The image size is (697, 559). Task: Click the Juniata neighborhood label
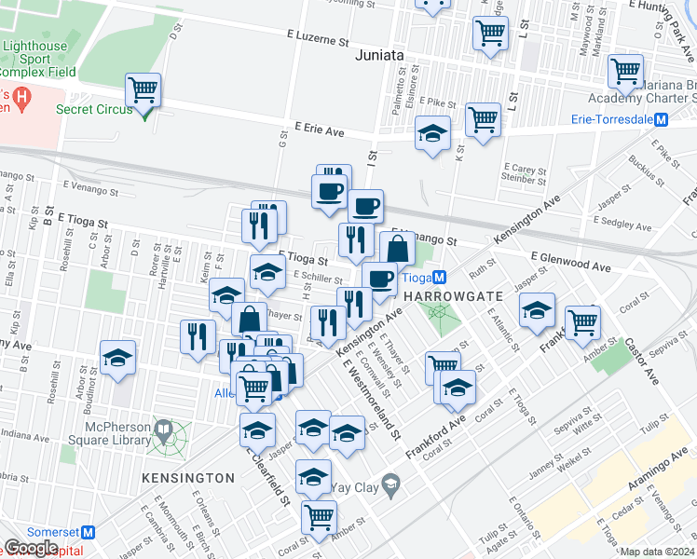tap(380, 55)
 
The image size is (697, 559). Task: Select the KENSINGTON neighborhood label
tap(188, 477)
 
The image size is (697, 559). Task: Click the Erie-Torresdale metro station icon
tap(661, 119)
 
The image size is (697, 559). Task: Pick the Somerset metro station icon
tap(89, 531)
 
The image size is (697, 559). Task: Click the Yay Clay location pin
tap(391, 484)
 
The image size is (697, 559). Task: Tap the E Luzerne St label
tap(317, 42)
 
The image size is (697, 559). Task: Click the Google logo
tap(31, 547)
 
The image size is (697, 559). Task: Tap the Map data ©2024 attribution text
tap(656, 552)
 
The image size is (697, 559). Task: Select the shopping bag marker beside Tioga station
tap(397, 249)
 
